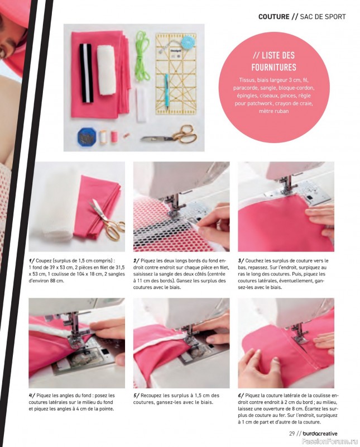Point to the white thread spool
click(x=103, y=137)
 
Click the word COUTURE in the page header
click(x=273, y=16)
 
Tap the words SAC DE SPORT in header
click(x=323, y=16)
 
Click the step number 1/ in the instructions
click(x=33, y=261)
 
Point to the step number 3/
click(x=242, y=261)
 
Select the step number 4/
click(x=33, y=396)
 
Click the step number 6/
click(x=242, y=396)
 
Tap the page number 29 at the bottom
click(x=276, y=432)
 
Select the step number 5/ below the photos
click(x=137, y=396)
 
